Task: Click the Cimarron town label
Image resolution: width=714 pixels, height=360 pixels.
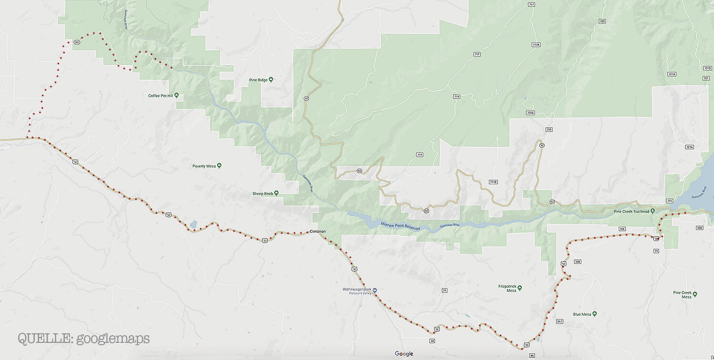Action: tap(317, 231)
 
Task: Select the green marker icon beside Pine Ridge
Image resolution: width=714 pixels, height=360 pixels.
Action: tap(271, 80)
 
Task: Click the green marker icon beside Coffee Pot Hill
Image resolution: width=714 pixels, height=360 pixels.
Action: tap(176, 95)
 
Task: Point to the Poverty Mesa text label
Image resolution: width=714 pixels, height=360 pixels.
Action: tap(204, 166)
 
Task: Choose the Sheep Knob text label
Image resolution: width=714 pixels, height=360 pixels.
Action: tap(263, 194)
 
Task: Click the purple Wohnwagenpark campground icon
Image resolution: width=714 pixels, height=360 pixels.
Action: tap(375, 290)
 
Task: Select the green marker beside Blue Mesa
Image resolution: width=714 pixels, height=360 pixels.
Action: tap(595, 314)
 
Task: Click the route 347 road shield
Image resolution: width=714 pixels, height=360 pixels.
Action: tap(77, 42)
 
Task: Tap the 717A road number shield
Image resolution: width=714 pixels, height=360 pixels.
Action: tap(536, 44)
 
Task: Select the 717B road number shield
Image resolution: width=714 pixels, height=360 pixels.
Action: tap(493, 182)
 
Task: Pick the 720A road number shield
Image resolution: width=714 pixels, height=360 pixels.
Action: tap(531, 113)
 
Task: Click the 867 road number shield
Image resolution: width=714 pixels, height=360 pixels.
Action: tap(559, 321)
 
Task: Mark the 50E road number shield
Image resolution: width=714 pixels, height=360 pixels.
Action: tap(622, 229)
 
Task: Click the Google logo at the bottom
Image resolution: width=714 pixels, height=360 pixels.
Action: tap(404, 353)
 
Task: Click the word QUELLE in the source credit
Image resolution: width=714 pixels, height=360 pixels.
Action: tap(40, 339)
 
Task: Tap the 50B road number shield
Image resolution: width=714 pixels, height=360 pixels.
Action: tap(577, 261)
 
